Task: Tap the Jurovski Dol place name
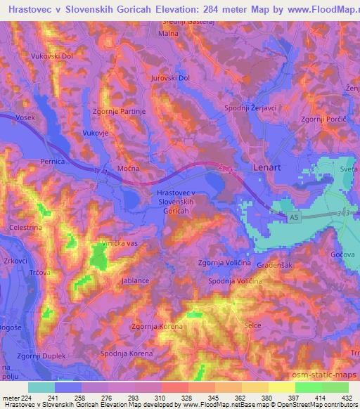coord(172,78)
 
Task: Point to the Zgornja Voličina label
coord(225,262)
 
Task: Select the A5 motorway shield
coord(294,219)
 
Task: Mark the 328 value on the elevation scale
coord(190,398)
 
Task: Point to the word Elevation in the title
coord(176,9)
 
